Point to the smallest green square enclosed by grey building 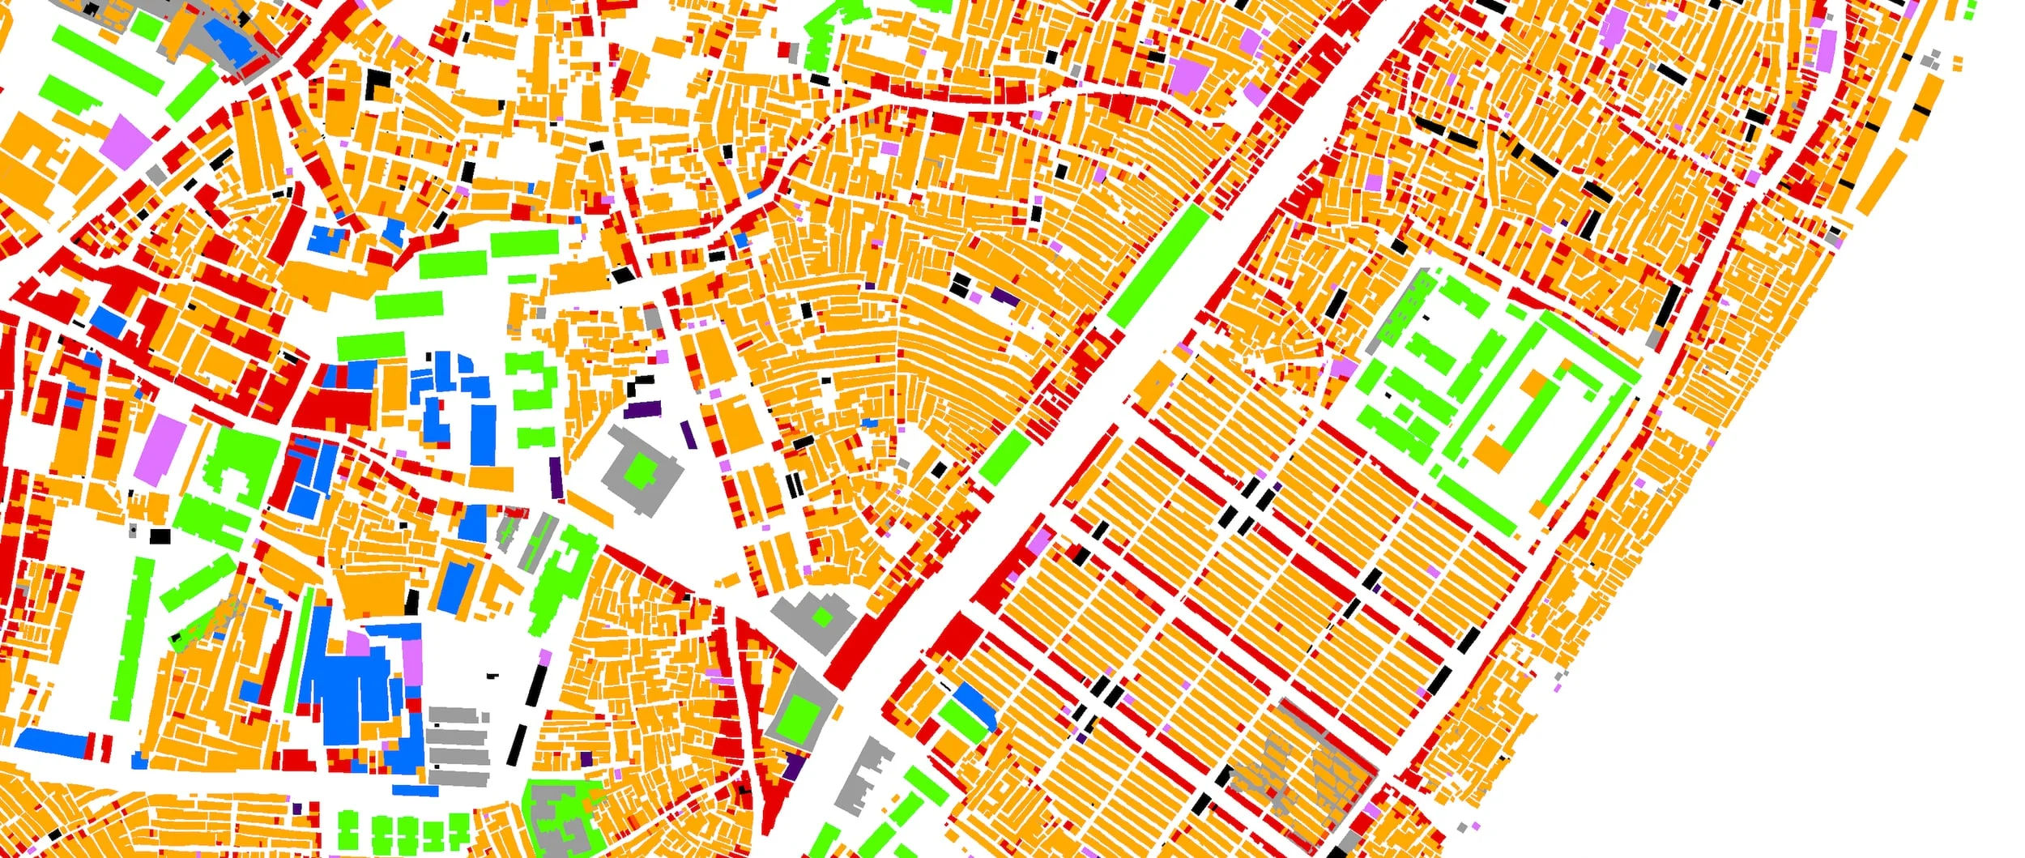(823, 618)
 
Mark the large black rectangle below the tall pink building (160, 536)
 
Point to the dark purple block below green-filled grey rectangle (794, 766)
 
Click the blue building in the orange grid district (974, 705)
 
